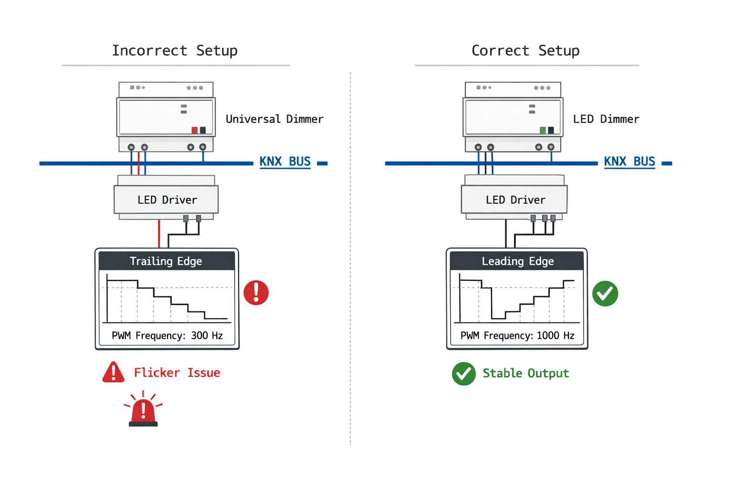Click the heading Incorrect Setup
[175, 50]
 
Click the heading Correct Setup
[525, 50]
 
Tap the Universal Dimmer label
[274, 119]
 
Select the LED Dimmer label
[606, 119]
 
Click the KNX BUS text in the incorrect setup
[285, 162]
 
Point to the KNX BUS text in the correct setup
[629, 162]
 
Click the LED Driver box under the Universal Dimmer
[167, 200]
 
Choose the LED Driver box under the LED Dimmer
[515, 200]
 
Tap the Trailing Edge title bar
[166, 261]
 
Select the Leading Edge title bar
[517, 261]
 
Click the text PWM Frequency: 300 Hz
[167, 335]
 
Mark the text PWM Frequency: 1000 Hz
[517, 335]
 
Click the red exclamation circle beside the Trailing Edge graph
[256, 292]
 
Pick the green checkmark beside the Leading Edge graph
[605, 293]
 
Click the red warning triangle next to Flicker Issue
[113, 373]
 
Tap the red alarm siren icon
[143, 411]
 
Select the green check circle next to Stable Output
[464, 374]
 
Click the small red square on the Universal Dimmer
[194, 130]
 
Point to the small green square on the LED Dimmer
[542, 130]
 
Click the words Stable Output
[525, 373]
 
